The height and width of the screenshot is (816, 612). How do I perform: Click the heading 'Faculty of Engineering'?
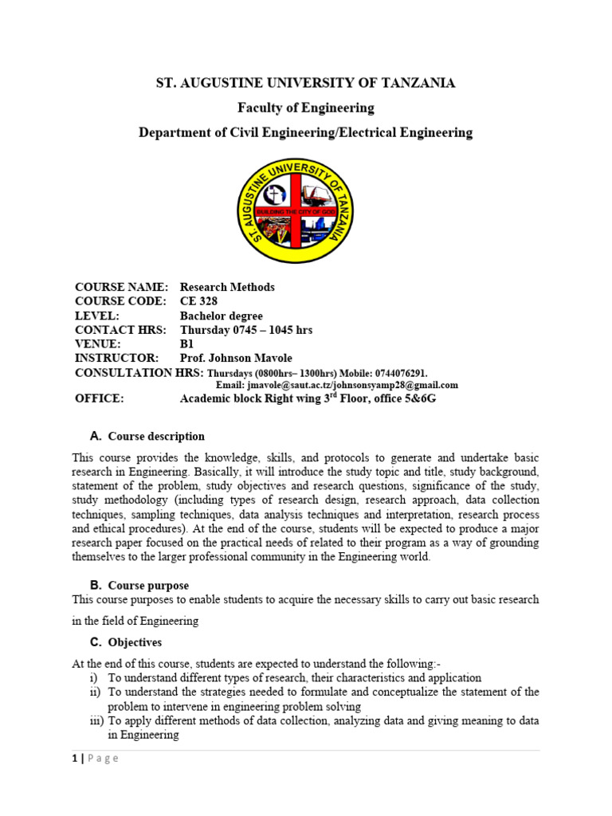(305, 108)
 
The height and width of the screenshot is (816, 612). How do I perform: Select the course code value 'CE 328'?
(198, 301)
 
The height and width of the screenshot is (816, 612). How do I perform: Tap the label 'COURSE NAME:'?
(121, 287)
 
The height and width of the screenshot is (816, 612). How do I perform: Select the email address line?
(337, 385)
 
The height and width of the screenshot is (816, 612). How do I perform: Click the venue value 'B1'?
(187, 344)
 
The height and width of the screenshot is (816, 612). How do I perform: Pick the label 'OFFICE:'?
(100, 398)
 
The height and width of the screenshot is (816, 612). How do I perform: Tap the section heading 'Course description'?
(156, 437)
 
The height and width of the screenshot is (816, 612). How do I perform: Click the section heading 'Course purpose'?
(148, 585)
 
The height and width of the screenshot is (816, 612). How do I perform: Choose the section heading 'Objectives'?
(135, 642)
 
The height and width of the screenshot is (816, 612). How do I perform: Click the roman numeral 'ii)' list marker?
(95, 692)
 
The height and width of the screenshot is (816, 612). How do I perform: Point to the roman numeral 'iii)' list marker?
(96, 720)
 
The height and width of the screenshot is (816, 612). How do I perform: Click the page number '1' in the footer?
(74, 759)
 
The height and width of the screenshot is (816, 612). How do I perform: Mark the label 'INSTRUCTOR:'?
(116, 359)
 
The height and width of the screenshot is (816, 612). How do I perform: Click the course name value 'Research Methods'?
(227, 287)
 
